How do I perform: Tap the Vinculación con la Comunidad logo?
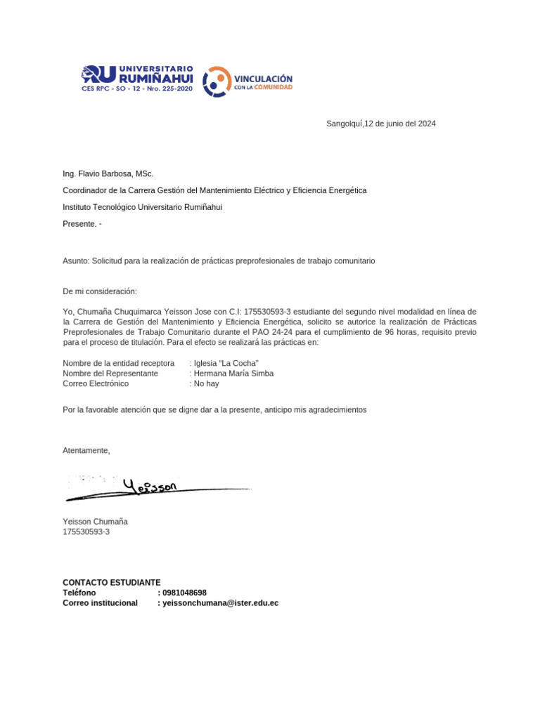(247, 82)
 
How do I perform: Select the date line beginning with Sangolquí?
(380, 124)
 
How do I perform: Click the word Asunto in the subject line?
(75, 260)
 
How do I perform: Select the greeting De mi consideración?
(100, 291)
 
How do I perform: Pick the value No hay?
(207, 384)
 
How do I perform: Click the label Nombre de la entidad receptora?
(118, 363)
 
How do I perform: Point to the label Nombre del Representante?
(110, 374)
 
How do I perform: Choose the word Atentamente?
(86, 450)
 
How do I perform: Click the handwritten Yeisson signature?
(151, 486)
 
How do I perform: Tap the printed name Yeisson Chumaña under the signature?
(95, 522)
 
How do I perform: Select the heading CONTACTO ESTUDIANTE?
(111, 582)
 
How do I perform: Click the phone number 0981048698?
(184, 593)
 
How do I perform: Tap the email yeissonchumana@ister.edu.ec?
(220, 602)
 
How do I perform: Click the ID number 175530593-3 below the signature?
(86, 532)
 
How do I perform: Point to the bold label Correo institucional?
(100, 602)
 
